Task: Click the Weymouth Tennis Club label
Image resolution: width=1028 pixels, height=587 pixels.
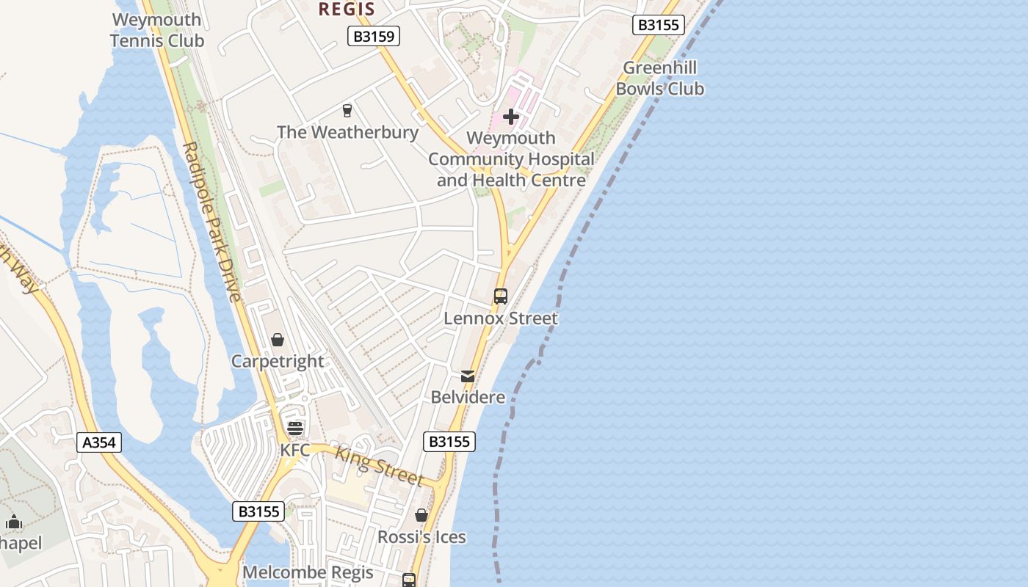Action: click(x=157, y=30)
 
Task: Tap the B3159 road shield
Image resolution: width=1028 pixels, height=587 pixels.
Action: click(x=373, y=36)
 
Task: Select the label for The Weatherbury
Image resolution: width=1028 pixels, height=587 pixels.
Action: click(x=347, y=132)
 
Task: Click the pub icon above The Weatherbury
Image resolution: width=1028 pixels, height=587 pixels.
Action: click(x=347, y=111)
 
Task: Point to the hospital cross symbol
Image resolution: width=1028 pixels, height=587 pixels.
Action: click(x=511, y=117)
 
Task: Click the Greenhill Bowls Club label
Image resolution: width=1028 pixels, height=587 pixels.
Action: click(x=659, y=79)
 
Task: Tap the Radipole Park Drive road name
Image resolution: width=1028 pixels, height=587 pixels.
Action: click(x=211, y=222)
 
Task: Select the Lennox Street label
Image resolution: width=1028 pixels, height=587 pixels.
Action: click(x=501, y=318)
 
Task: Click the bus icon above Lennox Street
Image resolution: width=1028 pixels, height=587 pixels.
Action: click(x=501, y=296)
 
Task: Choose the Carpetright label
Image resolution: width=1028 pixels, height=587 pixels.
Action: click(x=278, y=361)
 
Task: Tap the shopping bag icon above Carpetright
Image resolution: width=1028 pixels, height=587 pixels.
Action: click(x=278, y=340)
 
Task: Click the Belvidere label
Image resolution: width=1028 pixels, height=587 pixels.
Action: click(x=468, y=398)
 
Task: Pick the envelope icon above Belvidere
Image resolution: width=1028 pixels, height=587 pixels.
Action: click(x=468, y=376)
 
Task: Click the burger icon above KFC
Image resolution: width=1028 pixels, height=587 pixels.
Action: click(x=295, y=429)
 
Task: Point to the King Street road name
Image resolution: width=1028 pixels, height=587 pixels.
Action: click(x=380, y=466)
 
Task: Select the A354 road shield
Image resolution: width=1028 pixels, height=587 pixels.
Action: click(x=99, y=442)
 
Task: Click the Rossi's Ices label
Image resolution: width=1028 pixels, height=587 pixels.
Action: click(x=421, y=537)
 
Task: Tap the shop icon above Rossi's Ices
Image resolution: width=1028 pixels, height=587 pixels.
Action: click(x=421, y=516)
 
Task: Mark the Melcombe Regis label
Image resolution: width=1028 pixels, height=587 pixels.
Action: click(x=308, y=572)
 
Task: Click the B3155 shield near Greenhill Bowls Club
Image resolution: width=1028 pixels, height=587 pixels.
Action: click(x=659, y=25)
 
